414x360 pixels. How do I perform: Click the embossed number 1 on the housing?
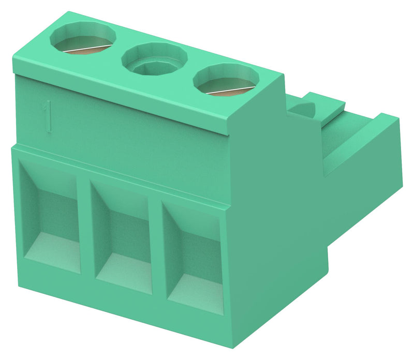[x=48, y=116]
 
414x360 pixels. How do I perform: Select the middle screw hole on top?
[x=154, y=61]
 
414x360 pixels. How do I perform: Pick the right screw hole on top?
[x=226, y=82]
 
